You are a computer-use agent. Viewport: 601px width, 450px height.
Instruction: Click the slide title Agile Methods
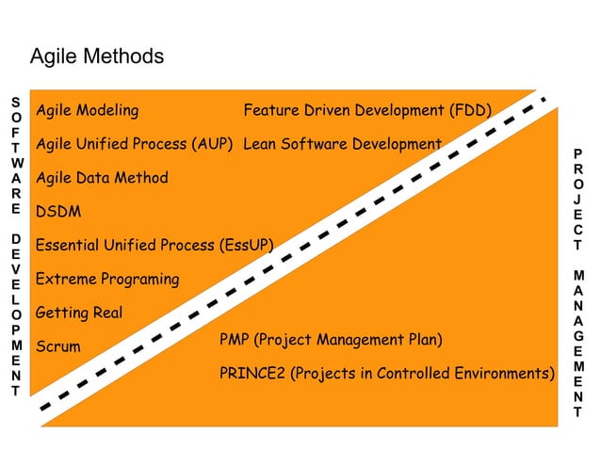tap(97, 56)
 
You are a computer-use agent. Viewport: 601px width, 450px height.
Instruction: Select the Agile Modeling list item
tap(87, 111)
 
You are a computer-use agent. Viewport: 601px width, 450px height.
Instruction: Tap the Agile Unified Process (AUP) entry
tap(134, 145)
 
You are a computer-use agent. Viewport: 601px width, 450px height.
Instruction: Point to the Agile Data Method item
tap(102, 178)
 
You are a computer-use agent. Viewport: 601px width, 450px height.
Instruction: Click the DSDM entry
tap(57, 212)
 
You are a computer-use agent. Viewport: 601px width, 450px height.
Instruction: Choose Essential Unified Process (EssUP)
tap(154, 246)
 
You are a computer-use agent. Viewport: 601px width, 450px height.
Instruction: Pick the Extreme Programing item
tap(106, 280)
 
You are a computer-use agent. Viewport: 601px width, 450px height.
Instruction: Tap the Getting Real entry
tap(79, 313)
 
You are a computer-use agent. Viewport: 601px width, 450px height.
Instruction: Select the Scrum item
tap(57, 346)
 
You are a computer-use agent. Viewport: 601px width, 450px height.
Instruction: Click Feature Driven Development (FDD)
tap(367, 111)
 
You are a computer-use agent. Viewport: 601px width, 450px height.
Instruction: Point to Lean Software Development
tap(342, 145)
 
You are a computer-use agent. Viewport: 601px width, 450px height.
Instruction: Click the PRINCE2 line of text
tap(386, 374)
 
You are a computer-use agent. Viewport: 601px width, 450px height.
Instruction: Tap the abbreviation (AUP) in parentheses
tap(212, 145)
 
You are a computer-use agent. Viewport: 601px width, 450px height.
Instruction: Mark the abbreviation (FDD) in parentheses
tap(471, 111)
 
